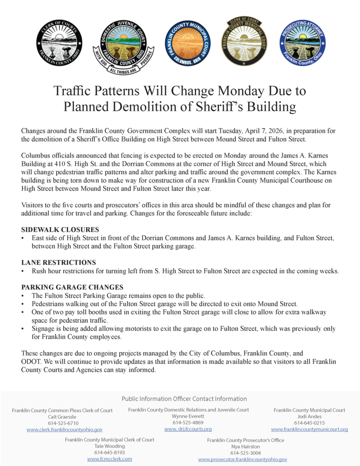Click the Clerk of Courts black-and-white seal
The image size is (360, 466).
59,43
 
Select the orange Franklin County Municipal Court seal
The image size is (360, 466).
187,43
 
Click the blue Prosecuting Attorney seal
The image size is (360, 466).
302,43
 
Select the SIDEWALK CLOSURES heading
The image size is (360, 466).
60,230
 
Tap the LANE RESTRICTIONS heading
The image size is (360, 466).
59,263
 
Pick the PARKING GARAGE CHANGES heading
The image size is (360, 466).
72,287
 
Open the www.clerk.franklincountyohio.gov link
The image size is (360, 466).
64,430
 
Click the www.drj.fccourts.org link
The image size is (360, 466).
188,429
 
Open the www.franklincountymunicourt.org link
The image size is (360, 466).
309,429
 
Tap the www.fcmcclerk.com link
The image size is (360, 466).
109,459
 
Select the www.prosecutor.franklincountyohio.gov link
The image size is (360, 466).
243,459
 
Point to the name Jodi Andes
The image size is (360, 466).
309,416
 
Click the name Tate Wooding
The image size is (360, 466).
109,446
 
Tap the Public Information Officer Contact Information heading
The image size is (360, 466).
184,399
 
